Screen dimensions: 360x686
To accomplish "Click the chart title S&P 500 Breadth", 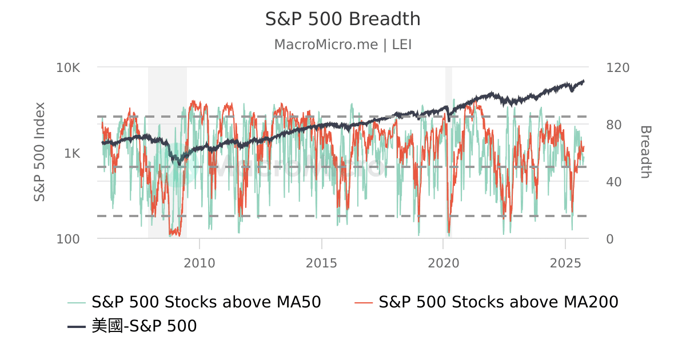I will (343, 19).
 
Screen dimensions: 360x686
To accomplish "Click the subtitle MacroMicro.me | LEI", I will (343, 45).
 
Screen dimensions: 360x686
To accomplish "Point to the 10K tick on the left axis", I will (68, 67).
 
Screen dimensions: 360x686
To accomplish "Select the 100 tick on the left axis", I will (68, 239).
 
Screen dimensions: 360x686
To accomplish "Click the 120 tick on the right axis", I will (617, 67).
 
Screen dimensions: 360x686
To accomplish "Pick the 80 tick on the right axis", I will (614, 125).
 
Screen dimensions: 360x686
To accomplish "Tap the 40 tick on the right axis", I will (614, 182).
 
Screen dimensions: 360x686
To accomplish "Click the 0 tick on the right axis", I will (610, 239).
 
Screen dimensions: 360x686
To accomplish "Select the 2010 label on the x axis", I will (200, 263).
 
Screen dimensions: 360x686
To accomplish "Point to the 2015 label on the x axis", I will (321, 263).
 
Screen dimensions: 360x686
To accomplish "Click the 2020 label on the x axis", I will (444, 263).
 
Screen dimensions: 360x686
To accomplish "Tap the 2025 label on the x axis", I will (565, 263).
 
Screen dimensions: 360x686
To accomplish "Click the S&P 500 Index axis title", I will (39, 152).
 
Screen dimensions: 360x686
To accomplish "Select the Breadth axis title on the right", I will (645, 152).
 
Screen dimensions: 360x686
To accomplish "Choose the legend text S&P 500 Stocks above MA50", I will (206, 302).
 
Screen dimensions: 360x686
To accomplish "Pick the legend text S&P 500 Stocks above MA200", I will (498, 302).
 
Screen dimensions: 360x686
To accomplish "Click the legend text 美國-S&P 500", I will (144, 326).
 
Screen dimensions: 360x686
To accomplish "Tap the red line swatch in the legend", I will (364, 302).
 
